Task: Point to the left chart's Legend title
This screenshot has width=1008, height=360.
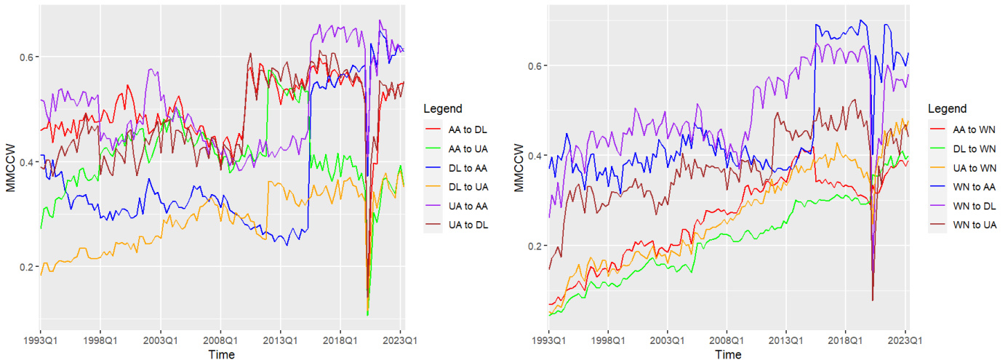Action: [x=442, y=109]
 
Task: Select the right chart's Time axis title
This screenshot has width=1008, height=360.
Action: [x=728, y=355]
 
